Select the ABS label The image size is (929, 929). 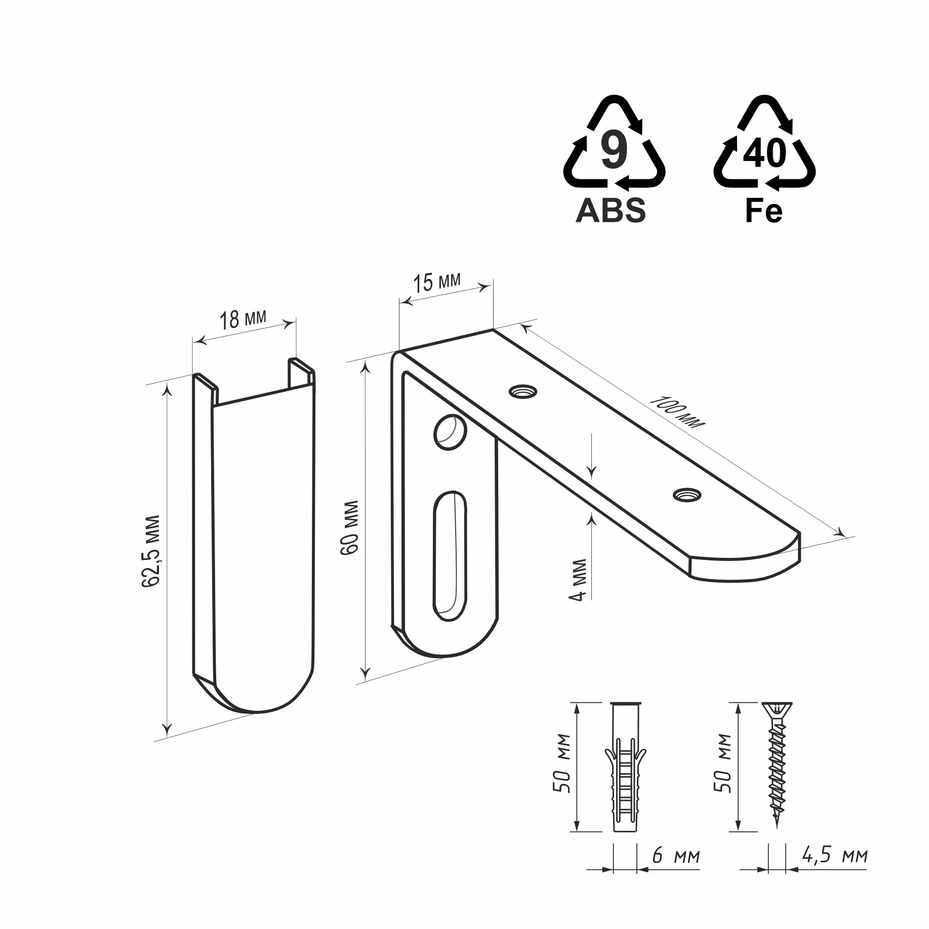tap(611, 210)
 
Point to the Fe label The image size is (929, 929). tap(764, 210)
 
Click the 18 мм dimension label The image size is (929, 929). tap(243, 319)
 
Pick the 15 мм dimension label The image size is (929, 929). tap(437, 282)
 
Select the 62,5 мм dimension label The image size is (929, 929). tap(151, 551)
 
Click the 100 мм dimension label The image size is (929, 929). tap(676, 412)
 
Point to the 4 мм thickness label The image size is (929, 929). tap(578, 580)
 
